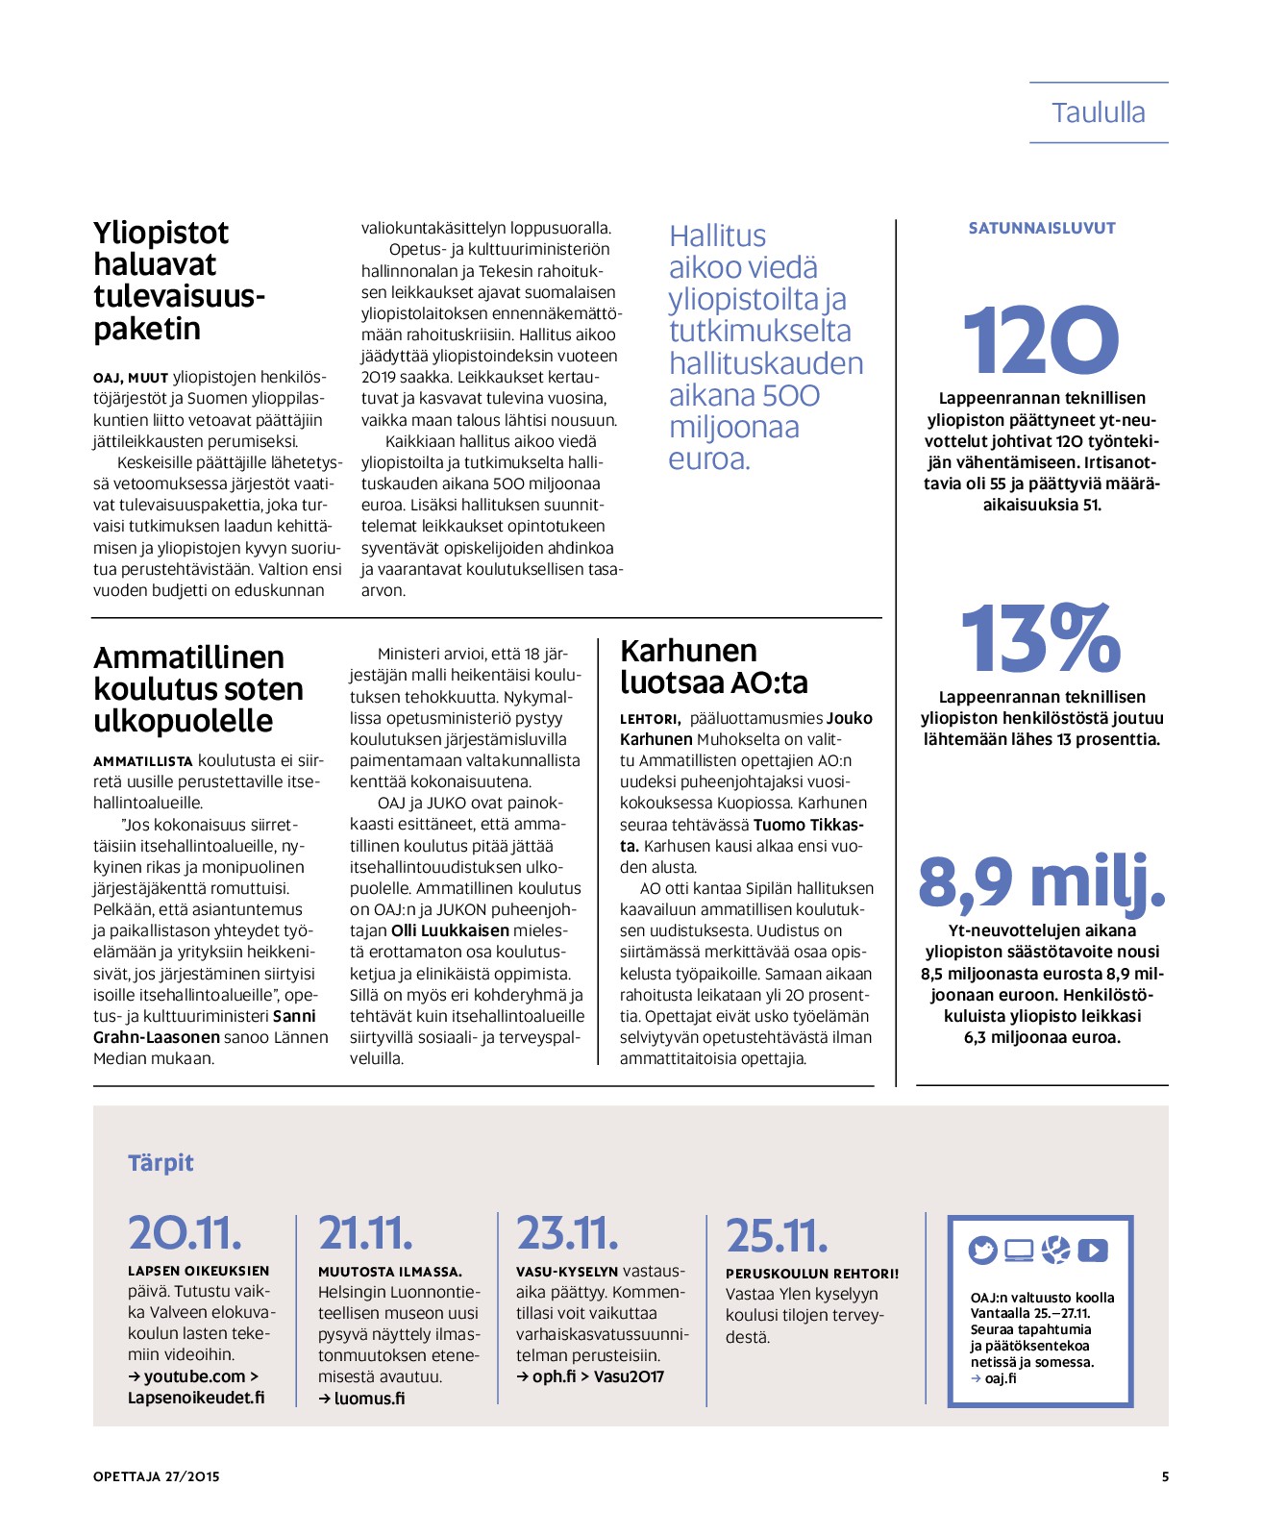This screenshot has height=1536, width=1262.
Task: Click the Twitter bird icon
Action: [x=982, y=1250]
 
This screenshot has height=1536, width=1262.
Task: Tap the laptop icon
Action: [x=1019, y=1250]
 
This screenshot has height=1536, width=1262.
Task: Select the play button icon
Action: [x=1093, y=1250]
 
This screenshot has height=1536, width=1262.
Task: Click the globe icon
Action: [x=1055, y=1250]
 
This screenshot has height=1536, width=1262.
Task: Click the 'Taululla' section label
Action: [x=1098, y=112]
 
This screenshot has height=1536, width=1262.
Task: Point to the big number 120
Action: [x=1041, y=340]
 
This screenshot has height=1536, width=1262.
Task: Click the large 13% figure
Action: [x=1041, y=638]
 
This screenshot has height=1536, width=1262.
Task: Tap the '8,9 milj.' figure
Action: [x=1042, y=882]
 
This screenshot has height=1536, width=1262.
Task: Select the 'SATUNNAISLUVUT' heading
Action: [x=1042, y=229]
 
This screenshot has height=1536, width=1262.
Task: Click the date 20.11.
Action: [x=185, y=1233]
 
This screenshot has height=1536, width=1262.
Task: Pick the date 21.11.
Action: [x=365, y=1233]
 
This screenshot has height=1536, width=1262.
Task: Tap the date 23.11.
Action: [x=567, y=1233]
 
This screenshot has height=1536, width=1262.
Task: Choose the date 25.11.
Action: [x=777, y=1236]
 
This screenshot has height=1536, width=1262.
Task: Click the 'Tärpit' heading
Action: [x=161, y=1163]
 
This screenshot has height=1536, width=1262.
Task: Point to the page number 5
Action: [x=1165, y=1476]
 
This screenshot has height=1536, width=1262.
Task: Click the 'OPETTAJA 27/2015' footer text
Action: [x=157, y=1476]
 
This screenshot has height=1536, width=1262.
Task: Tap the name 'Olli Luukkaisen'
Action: [x=450, y=930]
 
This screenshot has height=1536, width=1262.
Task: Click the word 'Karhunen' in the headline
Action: [x=688, y=651]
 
